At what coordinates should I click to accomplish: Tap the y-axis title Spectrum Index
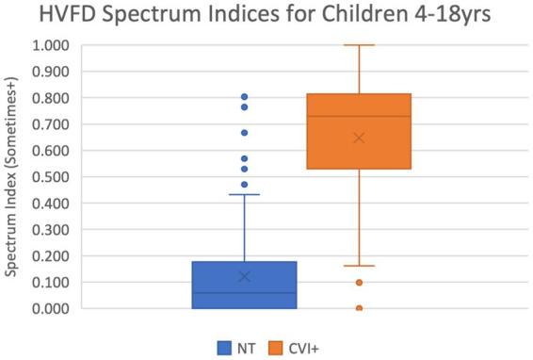coord(13,175)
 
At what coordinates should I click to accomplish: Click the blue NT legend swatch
coord(225,346)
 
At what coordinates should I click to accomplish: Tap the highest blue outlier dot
coord(244,97)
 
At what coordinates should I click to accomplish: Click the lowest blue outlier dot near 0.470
coord(244,185)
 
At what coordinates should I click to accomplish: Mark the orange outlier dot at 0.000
coord(360,308)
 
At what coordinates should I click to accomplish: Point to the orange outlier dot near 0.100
coord(360,283)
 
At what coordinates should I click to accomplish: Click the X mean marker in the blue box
coord(244,276)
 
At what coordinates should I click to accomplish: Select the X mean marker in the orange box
coord(360,138)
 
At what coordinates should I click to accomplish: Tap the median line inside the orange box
coord(360,117)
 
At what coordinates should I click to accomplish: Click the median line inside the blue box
coord(244,293)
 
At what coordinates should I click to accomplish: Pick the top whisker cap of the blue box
coord(244,194)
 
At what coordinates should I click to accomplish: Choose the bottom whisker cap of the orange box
coord(360,266)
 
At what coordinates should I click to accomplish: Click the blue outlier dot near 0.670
coord(244,133)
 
